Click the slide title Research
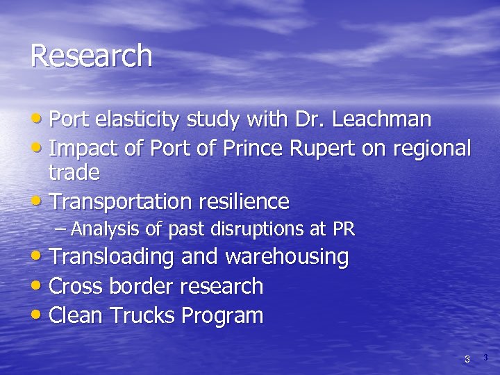click(91, 56)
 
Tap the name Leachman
click(382, 119)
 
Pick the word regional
click(432, 149)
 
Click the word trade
click(74, 172)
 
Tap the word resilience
click(244, 201)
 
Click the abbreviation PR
click(344, 228)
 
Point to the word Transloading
click(112, 257)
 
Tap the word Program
click(222, 317)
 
